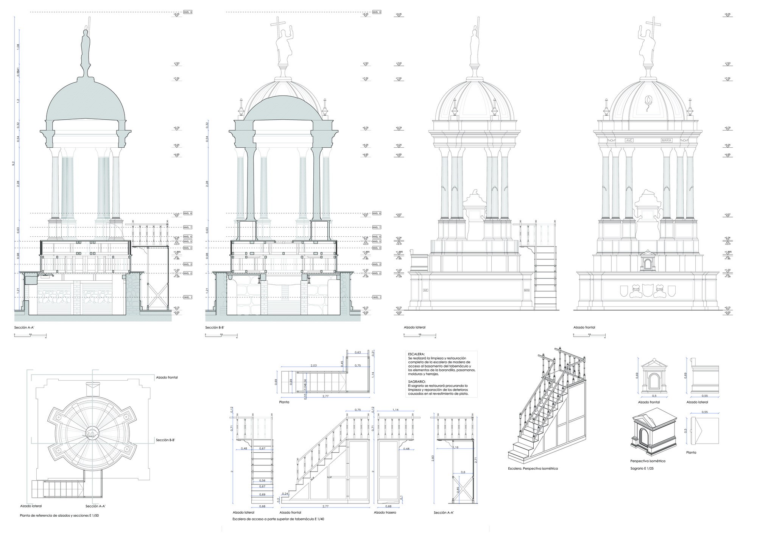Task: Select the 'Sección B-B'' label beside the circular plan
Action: tap(165, 440)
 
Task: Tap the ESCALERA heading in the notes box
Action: tap(417, 354)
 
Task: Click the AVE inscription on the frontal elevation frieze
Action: tap(629, 140)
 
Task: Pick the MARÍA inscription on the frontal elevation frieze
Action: tap(667, 140)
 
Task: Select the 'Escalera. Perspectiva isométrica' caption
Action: tap(533, 469)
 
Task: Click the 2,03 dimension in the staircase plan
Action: tap(313, 366)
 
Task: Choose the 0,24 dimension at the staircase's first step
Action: tap(286, 494)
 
